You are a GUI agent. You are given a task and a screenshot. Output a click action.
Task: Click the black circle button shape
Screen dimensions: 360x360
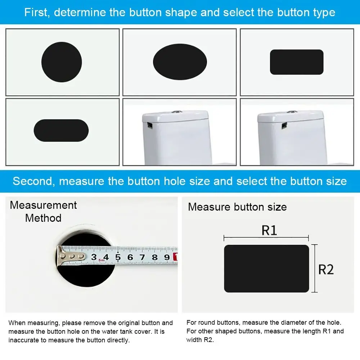62,62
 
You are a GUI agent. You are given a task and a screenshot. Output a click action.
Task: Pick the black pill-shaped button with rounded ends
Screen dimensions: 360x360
61,130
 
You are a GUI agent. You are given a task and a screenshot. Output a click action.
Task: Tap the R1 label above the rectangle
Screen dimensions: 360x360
269,230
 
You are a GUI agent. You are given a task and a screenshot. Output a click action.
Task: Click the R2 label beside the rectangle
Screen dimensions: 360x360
326,269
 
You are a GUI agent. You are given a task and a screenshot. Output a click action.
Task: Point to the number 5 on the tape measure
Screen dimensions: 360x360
118,257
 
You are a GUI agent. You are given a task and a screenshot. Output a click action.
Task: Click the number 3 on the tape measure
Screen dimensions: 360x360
94,257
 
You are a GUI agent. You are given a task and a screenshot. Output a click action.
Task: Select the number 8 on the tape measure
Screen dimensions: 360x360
154,257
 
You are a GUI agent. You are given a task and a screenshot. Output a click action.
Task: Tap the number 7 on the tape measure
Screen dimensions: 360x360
142,257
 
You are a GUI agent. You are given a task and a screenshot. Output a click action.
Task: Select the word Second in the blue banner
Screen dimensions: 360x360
33,181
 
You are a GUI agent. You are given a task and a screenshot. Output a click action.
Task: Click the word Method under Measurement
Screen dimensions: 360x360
43,218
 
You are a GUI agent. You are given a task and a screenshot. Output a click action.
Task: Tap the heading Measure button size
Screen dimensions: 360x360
237,207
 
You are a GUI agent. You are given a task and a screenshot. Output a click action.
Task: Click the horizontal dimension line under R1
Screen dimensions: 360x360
266,238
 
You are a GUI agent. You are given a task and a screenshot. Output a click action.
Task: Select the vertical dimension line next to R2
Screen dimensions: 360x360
315,268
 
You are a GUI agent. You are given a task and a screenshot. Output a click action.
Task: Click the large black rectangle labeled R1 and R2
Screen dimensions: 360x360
266,269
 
